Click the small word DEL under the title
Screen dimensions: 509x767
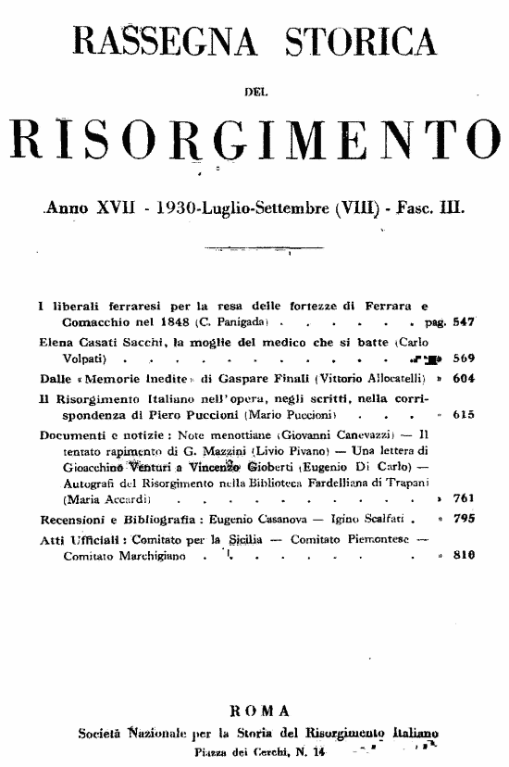pyautogui.click(x=253, y=90)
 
